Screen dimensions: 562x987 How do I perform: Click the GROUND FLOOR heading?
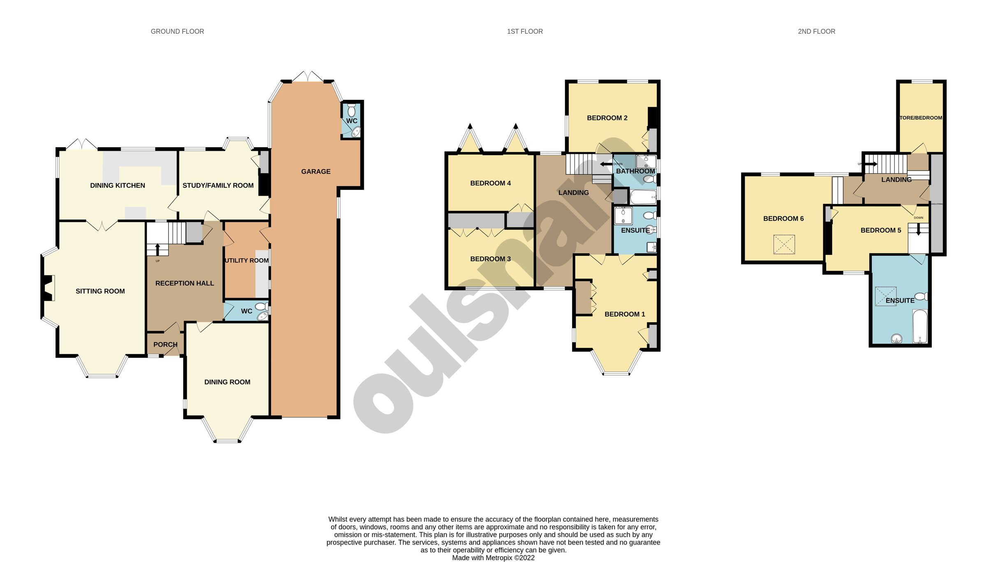tap(177, 31)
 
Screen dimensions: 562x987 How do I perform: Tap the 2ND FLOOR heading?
tap(816, 31)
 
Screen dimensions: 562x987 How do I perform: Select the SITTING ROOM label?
tap(100, 291)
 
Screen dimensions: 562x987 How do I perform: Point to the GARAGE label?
tap(315, 171)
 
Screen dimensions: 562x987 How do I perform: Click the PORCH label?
tap(165, 345)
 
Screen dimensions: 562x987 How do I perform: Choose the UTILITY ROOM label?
tap(247, 260)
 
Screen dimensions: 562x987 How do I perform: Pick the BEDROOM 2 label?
tap(607, 118)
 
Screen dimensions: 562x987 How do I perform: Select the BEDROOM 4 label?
tap(490, 183)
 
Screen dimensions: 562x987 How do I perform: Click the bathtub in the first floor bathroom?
tap(643, 198)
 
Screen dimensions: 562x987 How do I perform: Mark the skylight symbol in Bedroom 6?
tap(784, 245)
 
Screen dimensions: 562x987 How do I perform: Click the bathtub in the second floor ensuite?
tap(920, 326)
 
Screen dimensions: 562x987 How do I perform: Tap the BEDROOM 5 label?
tap(880, 230)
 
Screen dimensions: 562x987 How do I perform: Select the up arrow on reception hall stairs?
tap(158, 249)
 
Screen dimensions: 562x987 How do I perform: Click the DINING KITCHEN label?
tap(118, 185)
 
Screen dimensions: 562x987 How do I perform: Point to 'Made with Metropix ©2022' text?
tap(493, 558)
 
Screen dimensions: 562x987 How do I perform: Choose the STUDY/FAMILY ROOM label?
tap(218, 185)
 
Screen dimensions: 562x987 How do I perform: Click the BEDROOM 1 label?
tap(624, 314)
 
